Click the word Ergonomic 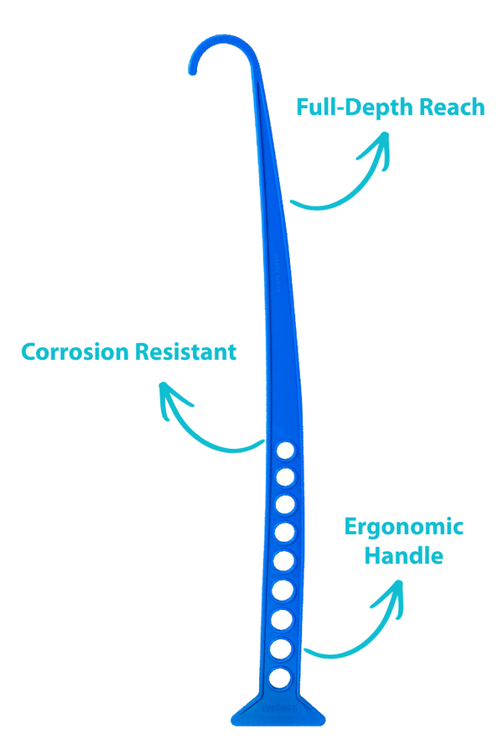pyautogui.click(x=404, y=527)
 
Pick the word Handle pyautogui.click(x=404, y=555)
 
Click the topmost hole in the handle pyautogui.click(x=286, y=450)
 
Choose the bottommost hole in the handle pyautogui.click(x=281, y=676)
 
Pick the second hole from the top pyautogui.click(x=285, y=478)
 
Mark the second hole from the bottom pyautogui.click(x=282, y=648)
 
